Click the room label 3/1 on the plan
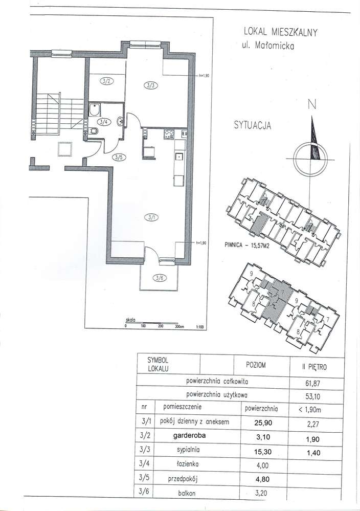pyautogui.click(x=152, y=217)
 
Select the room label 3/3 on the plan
pyautogui.click(x=151, y=86)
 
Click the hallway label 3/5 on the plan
pyautogui.click(x=119, y=158)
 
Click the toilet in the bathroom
pyautogui.click(x=94, y=131)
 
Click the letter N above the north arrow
pyautogui.click(x=311, y=105)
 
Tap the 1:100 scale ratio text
pyautogui.click(x=200, y=325)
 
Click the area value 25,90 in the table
pyautogui.click(x=261, y=423)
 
